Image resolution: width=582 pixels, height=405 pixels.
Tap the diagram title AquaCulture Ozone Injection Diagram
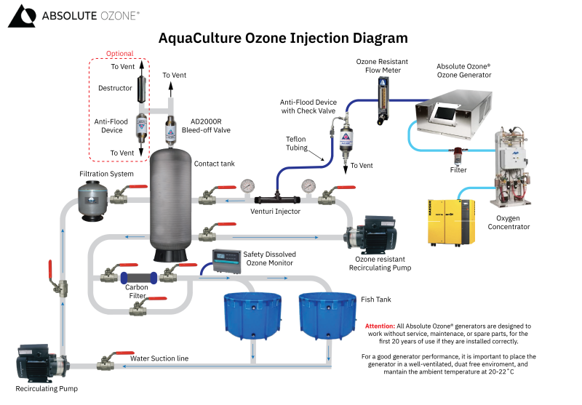tap(283, 38)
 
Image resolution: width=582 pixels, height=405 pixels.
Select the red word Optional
tap(119, 54)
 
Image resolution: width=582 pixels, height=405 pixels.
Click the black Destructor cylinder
tap(143, 89)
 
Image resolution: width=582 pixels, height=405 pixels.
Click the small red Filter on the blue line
tap(457, 155)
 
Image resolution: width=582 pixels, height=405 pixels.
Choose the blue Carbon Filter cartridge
tap(139, 277)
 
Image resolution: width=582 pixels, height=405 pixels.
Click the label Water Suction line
tap(159, 358)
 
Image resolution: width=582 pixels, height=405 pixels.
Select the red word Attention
tap(379, 326)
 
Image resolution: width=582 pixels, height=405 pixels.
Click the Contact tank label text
tap(214, 164)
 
